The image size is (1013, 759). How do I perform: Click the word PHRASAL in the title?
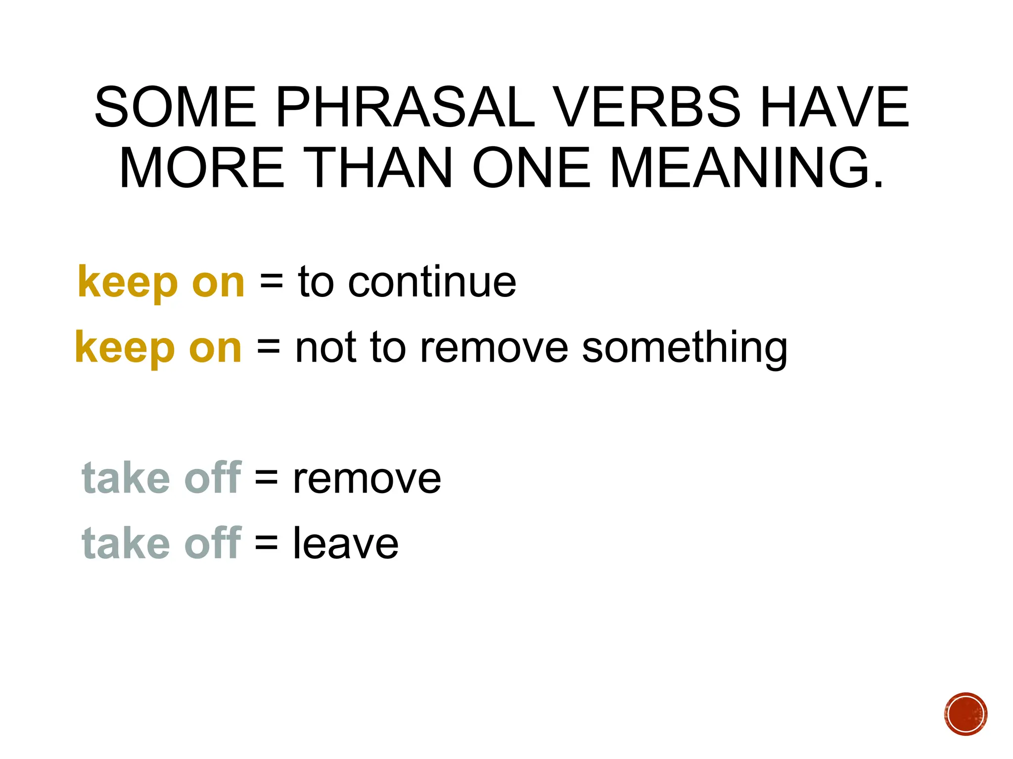[x=405, y=107]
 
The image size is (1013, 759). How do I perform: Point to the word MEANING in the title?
[x=746, y=168]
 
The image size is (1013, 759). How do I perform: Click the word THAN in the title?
[x=379, y=168]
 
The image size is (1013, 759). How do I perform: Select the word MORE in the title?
[x=202, y=168]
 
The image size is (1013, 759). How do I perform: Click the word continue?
[x=432, y=282]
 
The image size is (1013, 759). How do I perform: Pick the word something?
[x=684, y=348]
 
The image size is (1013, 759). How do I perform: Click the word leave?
[x=345, y=544]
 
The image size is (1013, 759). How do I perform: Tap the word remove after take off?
[x=367, y=478]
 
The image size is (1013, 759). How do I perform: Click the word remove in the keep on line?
[x=494, y=348]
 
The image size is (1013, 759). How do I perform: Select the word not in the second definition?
[x=325, y=348]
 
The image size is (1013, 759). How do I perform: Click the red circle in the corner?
[x=966, y=714]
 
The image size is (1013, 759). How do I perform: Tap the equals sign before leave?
[x=267, y=544]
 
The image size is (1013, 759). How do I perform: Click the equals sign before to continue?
[x=271, y=282]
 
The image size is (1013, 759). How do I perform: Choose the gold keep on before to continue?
[x=161, y=282]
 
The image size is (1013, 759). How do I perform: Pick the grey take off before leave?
[x=161, y=544]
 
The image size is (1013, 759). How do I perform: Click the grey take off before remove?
[x=161, y=478]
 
